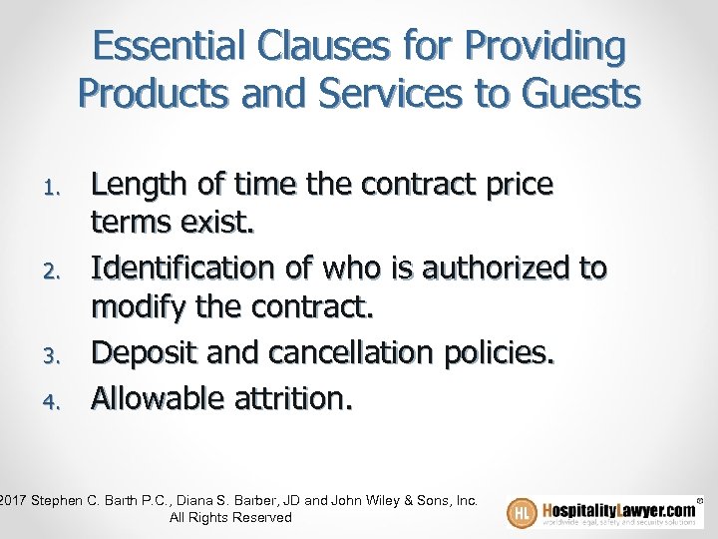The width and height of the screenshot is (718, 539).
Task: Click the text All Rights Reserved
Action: coord(230,518)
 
